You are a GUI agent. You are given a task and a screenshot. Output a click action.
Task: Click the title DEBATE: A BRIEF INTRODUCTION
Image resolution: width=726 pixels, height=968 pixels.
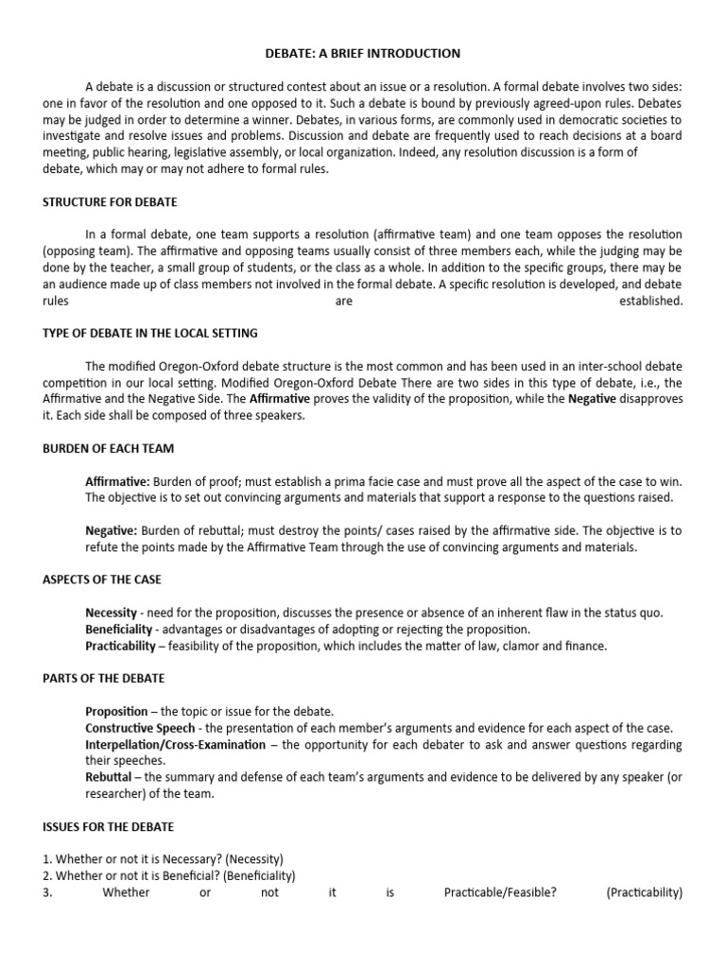tap(363, 54)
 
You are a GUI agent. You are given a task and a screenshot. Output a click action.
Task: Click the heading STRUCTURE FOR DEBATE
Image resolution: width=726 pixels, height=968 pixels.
tap(110, 202)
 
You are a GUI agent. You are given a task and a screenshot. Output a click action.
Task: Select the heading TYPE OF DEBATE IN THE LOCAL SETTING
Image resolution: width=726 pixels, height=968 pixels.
tap(150, 334)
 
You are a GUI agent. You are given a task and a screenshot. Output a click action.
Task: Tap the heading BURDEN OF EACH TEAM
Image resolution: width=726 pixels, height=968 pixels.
tap(108, 448)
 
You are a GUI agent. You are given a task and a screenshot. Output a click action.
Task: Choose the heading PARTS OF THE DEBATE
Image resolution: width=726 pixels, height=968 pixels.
tap(104, 678)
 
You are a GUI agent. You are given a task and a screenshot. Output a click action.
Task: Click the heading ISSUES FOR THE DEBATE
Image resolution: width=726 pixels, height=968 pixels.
tap(108, 826)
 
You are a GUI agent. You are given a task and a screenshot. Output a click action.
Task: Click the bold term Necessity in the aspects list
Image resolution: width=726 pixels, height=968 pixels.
tap(111, 613)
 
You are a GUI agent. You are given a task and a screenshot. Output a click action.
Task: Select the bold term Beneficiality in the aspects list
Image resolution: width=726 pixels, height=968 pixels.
tap(117, 630)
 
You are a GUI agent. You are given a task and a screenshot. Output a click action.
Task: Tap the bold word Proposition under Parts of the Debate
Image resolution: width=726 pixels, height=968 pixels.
tap(116, 711)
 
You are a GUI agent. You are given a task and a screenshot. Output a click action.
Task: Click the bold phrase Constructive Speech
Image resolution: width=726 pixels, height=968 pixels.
tap(140, 728)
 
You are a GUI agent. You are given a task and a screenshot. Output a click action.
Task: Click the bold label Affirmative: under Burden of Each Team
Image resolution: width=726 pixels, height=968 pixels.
tap(117, 481)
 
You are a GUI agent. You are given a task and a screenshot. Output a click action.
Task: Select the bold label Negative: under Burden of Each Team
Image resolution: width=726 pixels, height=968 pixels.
tap(111, 531)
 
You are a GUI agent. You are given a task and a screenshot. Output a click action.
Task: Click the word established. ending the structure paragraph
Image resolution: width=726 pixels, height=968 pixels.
tap(650, 302)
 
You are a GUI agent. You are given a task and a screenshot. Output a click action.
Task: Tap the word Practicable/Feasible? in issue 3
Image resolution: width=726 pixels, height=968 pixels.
tap(500, 892)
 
